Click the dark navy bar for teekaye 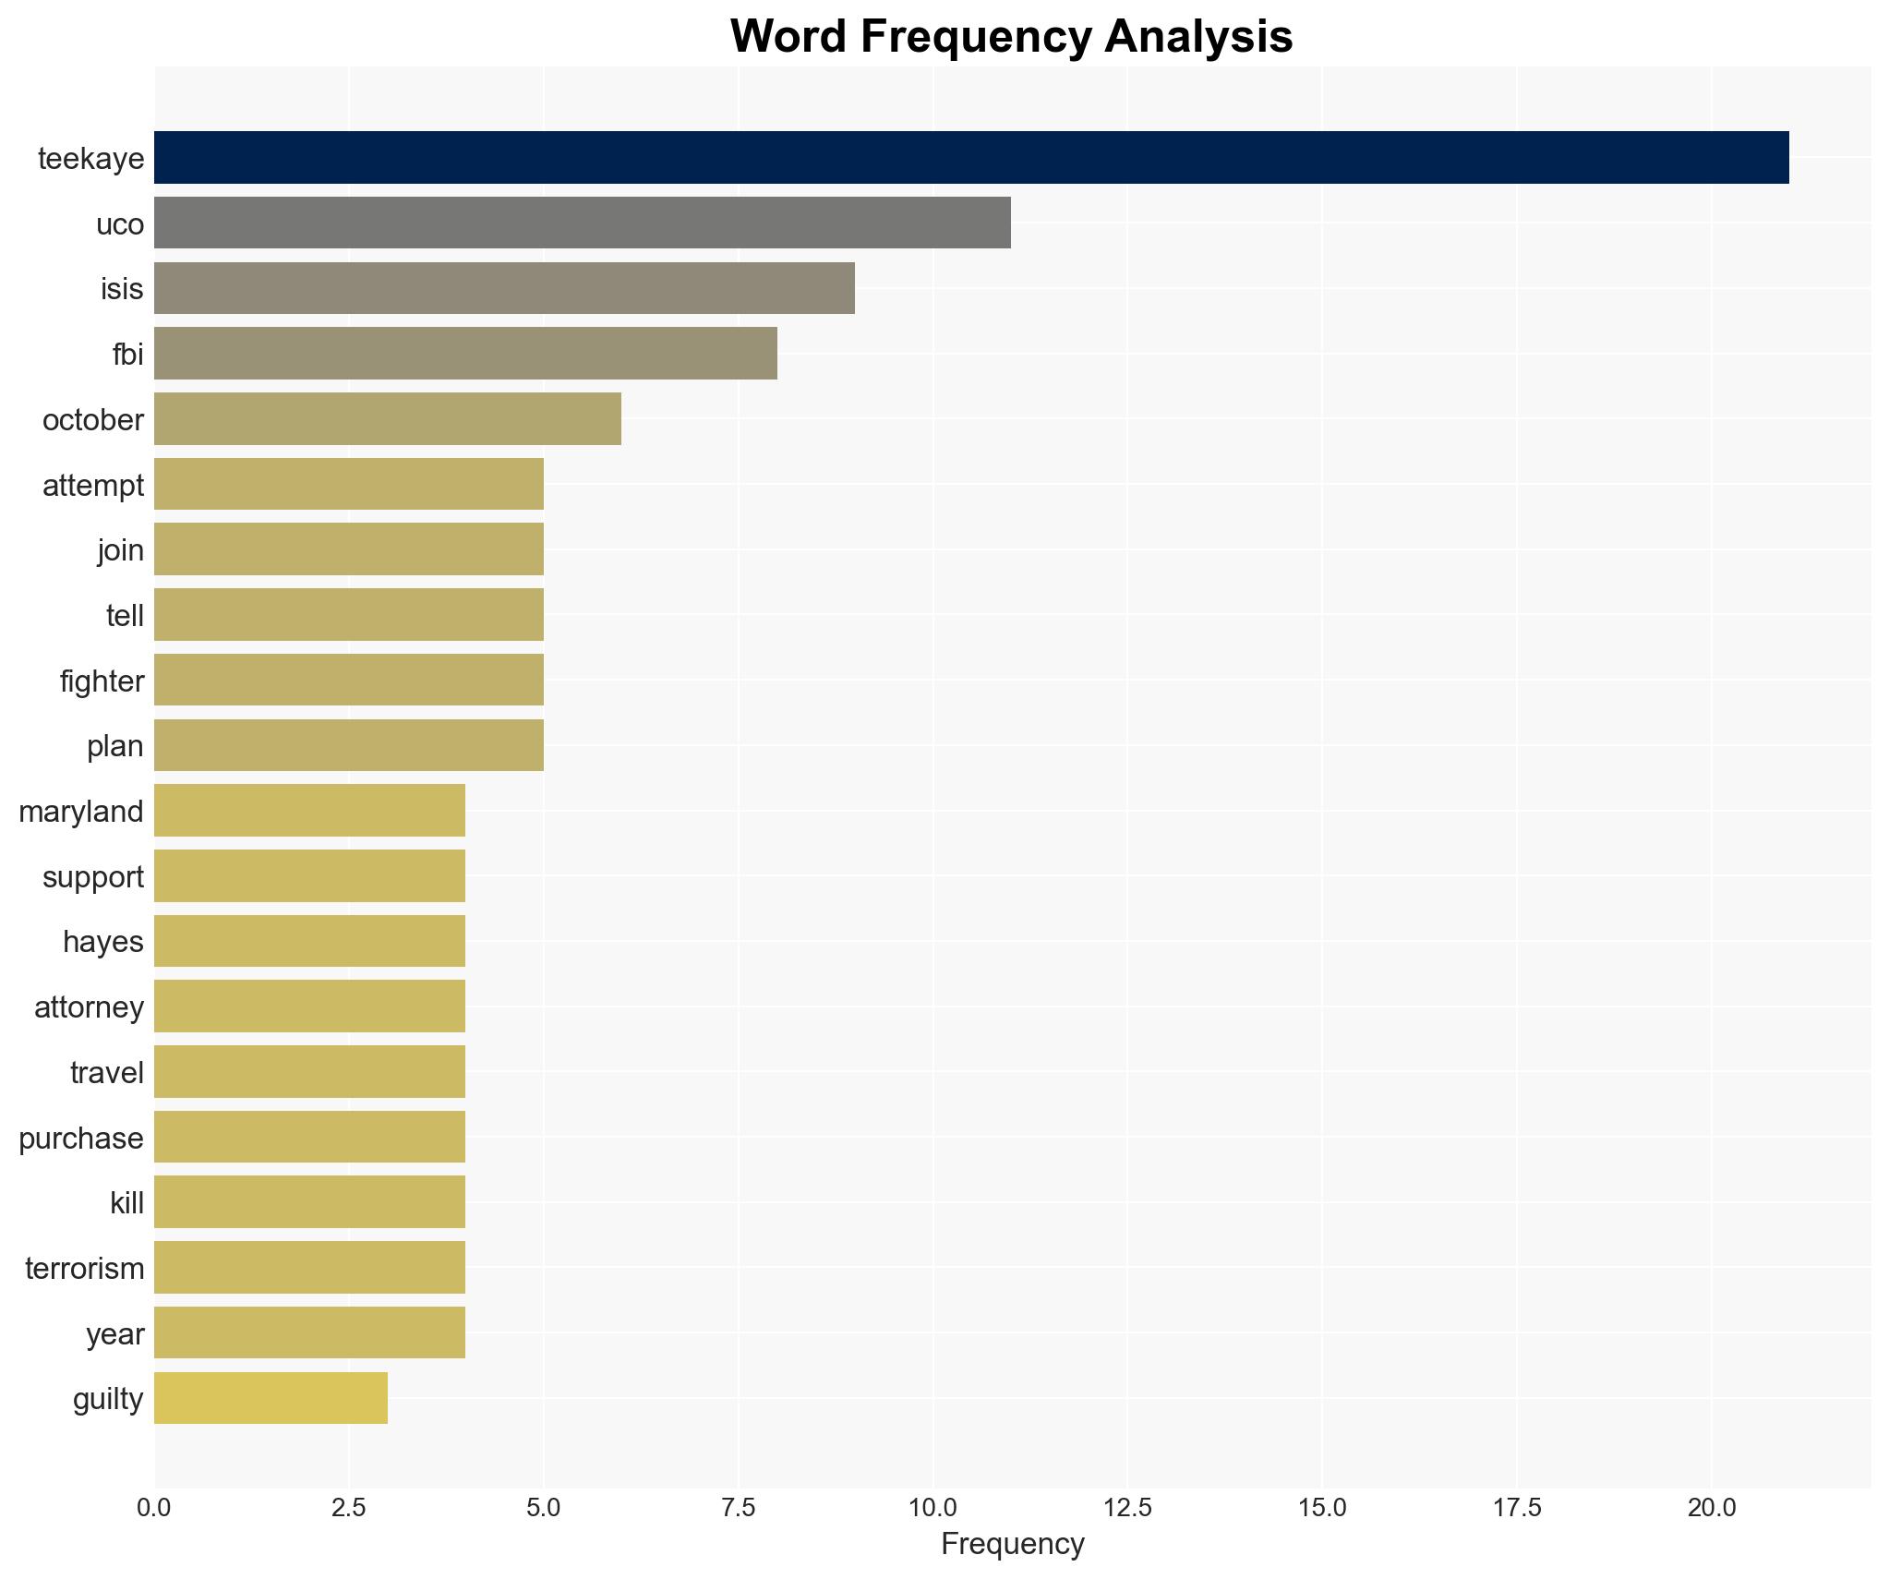[970, 158]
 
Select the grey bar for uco [582, 223]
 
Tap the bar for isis [504, 288]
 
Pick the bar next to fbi [465, 354]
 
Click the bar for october [387, 419]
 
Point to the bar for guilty [271, 1398]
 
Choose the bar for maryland [309, 811]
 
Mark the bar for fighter [348, 681]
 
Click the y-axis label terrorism [85, 1269]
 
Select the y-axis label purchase [81, 1139]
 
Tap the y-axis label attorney [89, 1007]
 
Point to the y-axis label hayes [103, 942]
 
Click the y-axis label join [121, 550]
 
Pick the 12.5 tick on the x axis [1127, 1508]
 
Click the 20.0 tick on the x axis [1711, 1508]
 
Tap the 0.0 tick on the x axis [154, 1508]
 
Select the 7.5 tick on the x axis [738, 1508]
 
